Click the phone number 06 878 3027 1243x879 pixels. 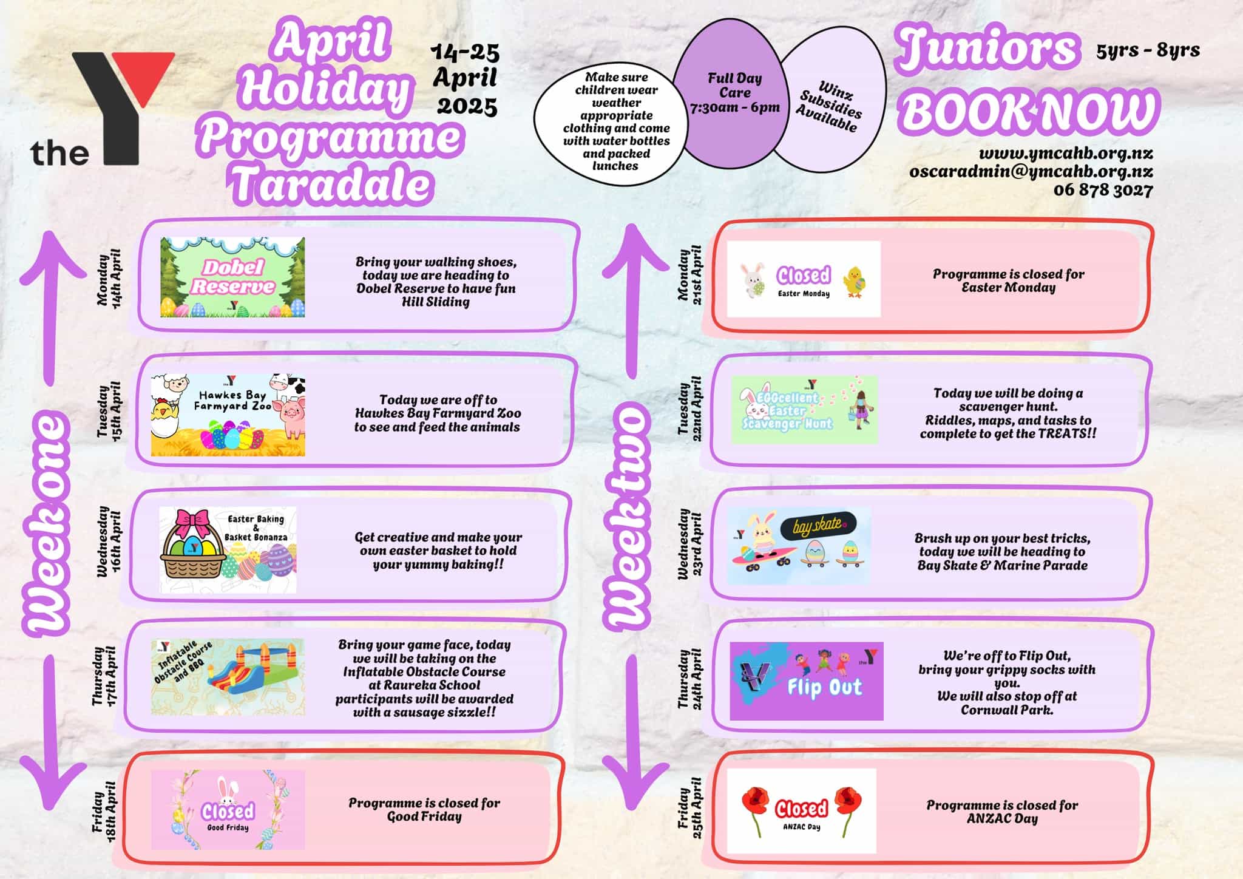(1103, 190)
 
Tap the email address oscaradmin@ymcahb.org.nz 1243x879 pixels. (1031, 172)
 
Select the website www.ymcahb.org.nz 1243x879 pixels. (1066, 153)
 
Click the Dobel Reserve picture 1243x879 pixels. (232, 277)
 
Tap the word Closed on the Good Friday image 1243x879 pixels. (228, 811)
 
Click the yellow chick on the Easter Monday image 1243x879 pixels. (855, 282)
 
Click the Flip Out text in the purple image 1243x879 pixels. (824, 687)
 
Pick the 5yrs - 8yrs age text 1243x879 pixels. (1148, 50)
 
